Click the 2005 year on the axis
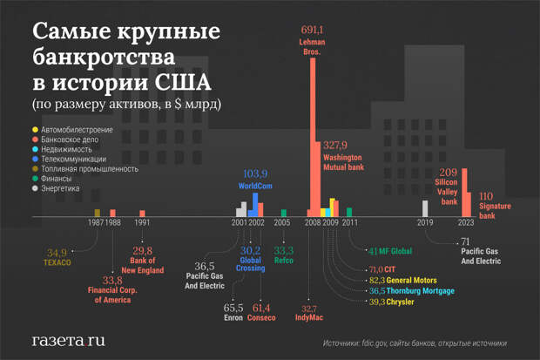[x=282, y=223]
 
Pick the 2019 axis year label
[x=425, y=223]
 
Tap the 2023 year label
[x=465, y=223]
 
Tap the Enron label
[x=233, y=318]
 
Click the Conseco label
[x=262, y=318]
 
